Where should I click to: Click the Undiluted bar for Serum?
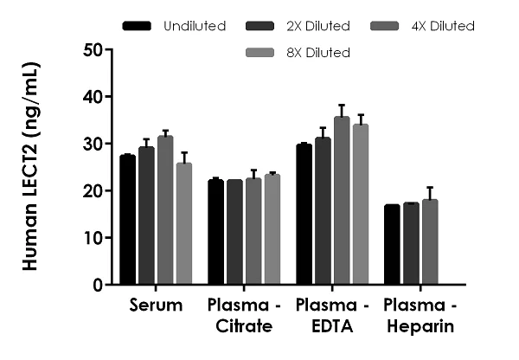pos(128,220)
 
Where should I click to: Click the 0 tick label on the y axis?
pos(98,285)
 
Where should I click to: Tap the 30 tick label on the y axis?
pos(93,144)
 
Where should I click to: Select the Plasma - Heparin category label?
pos(420,316)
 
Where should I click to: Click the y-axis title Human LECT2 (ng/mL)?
pos(29,167)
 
